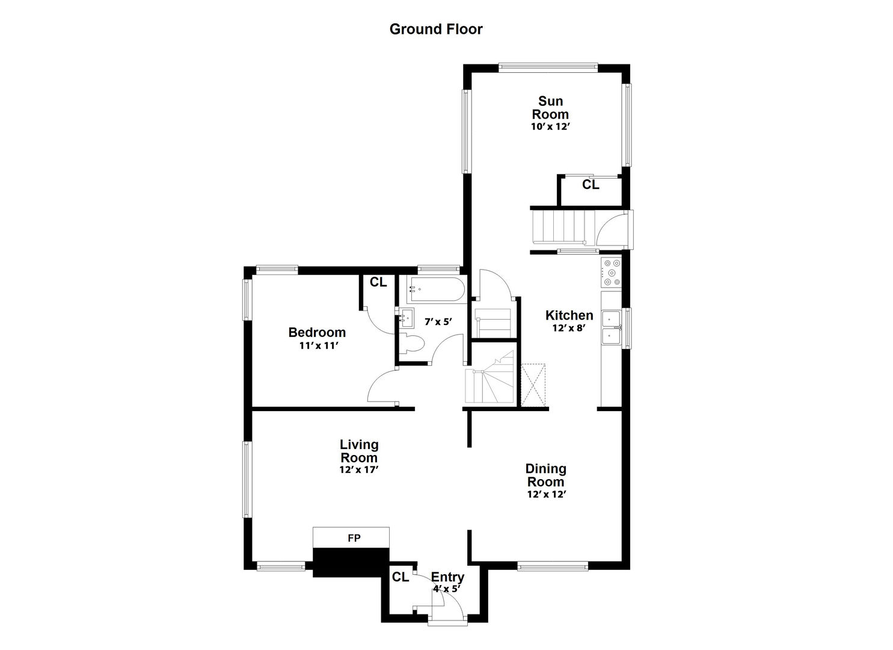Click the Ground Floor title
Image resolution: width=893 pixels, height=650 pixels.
[436, 29]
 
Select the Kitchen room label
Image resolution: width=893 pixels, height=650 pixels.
[569, 315]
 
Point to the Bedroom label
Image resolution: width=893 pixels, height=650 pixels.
[317, 332]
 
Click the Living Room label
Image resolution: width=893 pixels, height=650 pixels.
[359, 451]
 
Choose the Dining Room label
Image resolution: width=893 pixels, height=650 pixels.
[546, 475]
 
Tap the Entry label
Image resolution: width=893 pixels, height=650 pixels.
[448, 577]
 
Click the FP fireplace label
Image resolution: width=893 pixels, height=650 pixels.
[354, 538]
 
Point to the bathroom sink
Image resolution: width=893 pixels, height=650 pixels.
[405, 317]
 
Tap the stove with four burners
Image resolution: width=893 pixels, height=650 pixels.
[612, 272]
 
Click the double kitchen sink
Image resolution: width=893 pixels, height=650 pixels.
[612, 327]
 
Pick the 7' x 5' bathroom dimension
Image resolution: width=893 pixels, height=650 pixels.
[438, 322]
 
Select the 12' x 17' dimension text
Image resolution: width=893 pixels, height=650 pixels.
[358, 470]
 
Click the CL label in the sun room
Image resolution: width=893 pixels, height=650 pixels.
[591, 185]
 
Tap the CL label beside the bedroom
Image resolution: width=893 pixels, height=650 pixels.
[378, 282]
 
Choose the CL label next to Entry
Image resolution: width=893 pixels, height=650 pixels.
[400, 577]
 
